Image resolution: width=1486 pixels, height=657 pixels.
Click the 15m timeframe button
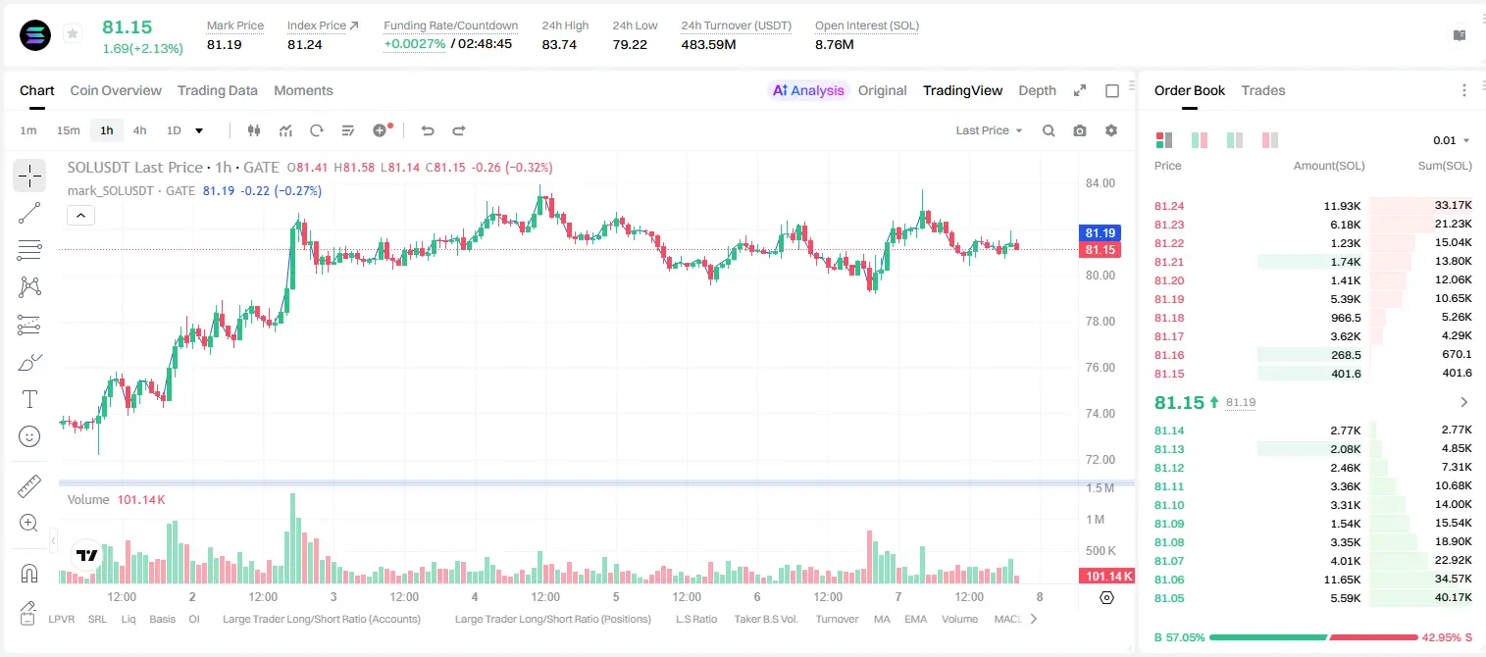tap(68, 130)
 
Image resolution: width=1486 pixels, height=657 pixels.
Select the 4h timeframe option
tap(139, 130)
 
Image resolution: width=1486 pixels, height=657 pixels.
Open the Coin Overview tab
tap(116, 90)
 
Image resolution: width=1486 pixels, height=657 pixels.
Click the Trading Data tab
tap(217, 90)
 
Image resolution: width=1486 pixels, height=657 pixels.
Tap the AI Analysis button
tap(808, 90)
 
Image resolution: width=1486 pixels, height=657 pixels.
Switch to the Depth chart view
tap(1037, 90)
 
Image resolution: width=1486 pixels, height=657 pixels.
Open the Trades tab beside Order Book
tap(1263, 90)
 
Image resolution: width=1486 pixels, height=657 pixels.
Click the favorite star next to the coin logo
tap(73, 33)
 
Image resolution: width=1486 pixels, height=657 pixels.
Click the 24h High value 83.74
tap(559, 44)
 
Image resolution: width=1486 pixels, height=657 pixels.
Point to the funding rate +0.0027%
tap(415, 44)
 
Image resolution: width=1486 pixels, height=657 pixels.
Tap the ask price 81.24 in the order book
tap(1169, 206)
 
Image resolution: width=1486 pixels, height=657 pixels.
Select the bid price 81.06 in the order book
tap(1169, 580)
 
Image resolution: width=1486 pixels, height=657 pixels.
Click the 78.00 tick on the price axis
tap(1100, 322)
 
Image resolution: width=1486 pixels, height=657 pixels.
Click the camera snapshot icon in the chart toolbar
tap(1080, 130)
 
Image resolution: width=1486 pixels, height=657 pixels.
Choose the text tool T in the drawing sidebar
tap(29, 399)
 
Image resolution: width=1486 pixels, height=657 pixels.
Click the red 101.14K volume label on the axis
tap(1106, 577)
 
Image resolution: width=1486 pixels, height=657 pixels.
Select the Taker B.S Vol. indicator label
tap(765, 619)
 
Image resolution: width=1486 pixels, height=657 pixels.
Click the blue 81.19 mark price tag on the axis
tap(1100, 232)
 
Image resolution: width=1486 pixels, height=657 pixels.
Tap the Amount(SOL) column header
tap(1329, 166)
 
